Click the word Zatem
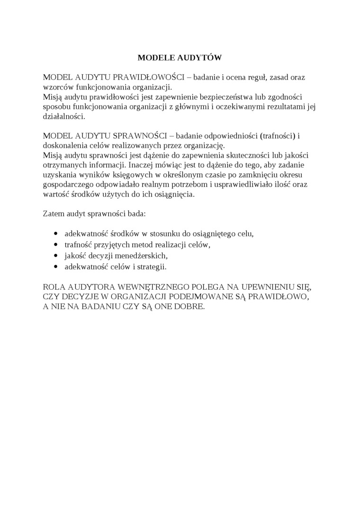(x=52, y=214)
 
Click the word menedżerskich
(x=144, y=256)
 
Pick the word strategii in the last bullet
(x=151, y=267)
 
